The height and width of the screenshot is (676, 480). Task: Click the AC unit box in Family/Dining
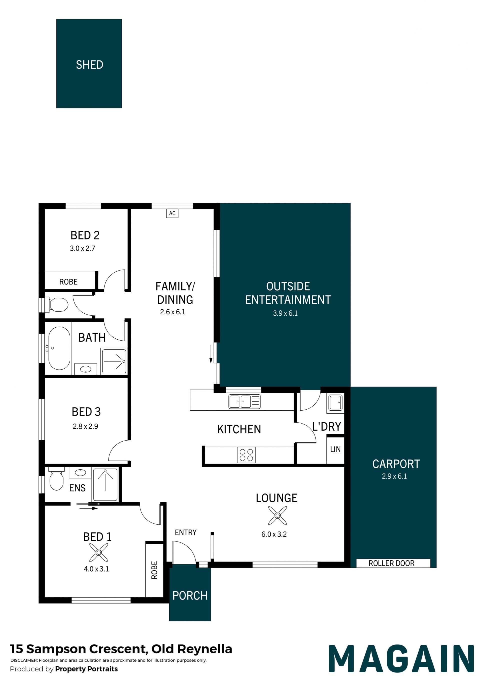coord(172,213)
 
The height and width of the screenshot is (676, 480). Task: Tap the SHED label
coord(89,65)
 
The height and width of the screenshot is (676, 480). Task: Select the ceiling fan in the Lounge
coord(277,516)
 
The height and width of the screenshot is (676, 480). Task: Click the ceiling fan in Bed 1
coord(99,553)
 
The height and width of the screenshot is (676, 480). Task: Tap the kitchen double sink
coord(244,402)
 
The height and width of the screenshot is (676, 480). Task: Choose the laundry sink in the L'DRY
coord(335,402)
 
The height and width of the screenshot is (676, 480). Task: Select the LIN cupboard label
coord(335,449)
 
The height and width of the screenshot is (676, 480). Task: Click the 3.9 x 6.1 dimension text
coord(285,313)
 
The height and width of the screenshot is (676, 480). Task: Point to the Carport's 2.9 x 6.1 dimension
coord(394,476)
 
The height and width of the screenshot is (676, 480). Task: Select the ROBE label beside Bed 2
coord(68,282)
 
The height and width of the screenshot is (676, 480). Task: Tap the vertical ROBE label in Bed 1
coord(154,570)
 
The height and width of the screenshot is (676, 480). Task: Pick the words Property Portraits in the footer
coord(86,669)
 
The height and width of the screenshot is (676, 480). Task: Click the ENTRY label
coord(185,532)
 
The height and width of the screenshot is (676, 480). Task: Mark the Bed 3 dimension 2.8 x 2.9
coord(85,426)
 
